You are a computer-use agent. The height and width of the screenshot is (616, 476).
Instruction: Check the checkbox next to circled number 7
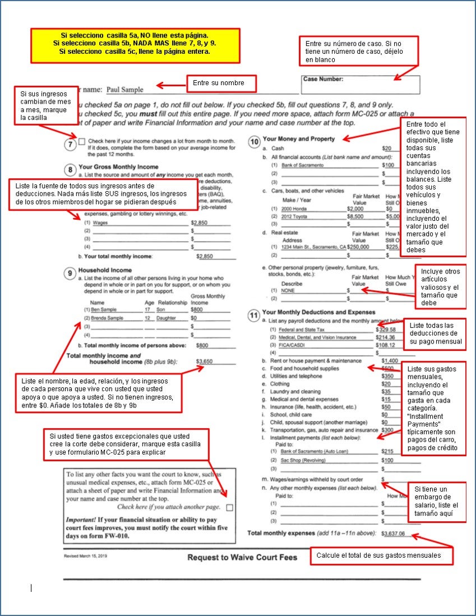pyautogui.click(x=82, y=141)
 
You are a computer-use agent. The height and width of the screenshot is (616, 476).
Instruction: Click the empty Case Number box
pyautogui.click(x=361, y=85)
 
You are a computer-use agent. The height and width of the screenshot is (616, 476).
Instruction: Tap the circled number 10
pyautogui.click(x=254, y=142)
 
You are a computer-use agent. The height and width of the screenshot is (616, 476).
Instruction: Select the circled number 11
pyautogui.click(x=254, y=315)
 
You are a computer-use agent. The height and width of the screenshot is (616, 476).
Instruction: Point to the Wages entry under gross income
pyautogui.click(x=100, y=223)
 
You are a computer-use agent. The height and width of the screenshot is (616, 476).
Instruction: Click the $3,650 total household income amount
pyautogui.click(x=205, y=362)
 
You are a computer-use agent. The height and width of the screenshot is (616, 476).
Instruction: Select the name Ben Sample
pyautogui.click(x=104, y=309)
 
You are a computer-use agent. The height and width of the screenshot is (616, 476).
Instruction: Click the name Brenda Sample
pyautogui.click(x=107, y=318)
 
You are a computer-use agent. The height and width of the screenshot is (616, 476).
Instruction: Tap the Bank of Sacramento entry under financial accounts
pyautogui.click(x=303, y=165)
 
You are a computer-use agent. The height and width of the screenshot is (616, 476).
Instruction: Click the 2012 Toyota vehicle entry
pyautogui.click(x=295, y=216)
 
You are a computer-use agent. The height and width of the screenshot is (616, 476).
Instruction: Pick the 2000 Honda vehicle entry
pyautogui.click(x=295, y=208)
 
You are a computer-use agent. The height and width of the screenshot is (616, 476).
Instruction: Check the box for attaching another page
pyautogui.click(x=229, y=507)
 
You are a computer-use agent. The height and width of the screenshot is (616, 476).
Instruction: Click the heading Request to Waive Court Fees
pyautogui.click(x=242, y=558)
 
